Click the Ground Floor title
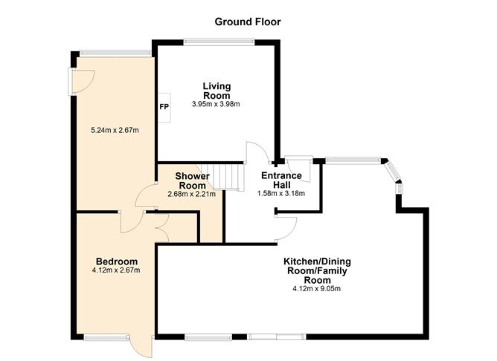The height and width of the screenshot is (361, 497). tap(248, 22)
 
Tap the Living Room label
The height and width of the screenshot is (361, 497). tap(217, 91)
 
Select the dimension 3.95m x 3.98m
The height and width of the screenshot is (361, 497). tap(217, 104)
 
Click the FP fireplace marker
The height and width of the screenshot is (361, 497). tap(164, 107)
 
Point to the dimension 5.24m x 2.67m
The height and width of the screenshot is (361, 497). tap(115, 131)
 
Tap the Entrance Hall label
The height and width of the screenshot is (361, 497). tap(280, 180)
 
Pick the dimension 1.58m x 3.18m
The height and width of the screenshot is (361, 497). tap(280, 194)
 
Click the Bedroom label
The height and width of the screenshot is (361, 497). tap(117, 261)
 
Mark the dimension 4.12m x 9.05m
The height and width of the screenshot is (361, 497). tap(317, 289)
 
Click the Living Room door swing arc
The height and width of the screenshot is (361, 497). tap(255, 152)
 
